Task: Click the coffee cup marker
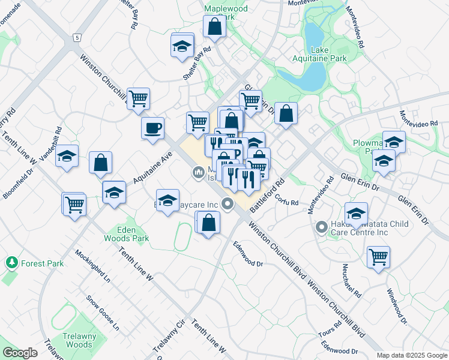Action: [152, 127]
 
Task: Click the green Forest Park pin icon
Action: [11, 262]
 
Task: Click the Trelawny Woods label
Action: [79, 340]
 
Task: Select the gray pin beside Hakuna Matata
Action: [322, 227]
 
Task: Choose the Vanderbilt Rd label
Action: [51, 143]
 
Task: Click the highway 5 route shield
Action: [76, 38]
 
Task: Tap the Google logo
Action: [20, 352]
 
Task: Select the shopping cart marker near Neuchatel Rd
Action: [378, 257]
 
